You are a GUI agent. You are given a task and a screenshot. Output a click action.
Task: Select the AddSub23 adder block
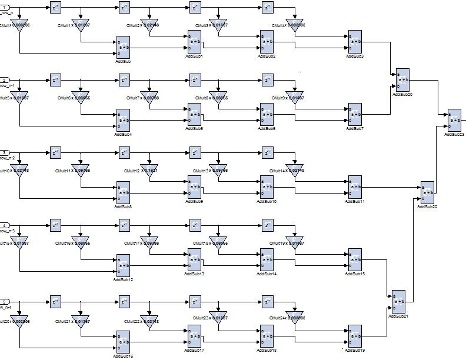coord(454,121)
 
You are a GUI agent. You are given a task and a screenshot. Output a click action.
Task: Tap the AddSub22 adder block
coord(427,192)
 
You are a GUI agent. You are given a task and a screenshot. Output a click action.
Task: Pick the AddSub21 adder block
coord(399,302)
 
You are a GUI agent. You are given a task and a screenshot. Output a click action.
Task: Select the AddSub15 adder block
coord(355,261)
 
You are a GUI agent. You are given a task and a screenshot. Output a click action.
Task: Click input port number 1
coord(5,6)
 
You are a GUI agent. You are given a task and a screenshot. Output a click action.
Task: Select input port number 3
coord(5,153)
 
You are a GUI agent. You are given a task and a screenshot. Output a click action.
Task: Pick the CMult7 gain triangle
coord(149,98)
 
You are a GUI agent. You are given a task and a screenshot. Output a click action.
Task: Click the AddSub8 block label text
coord(123,206)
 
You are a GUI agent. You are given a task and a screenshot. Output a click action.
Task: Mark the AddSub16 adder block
coord(123,342)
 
